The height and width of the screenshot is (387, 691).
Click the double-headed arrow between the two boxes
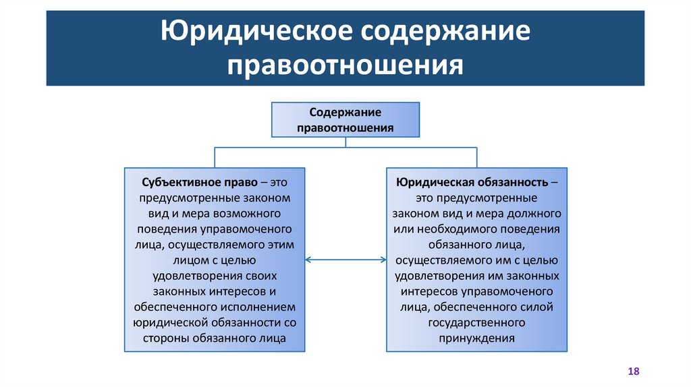pos(345,260)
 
